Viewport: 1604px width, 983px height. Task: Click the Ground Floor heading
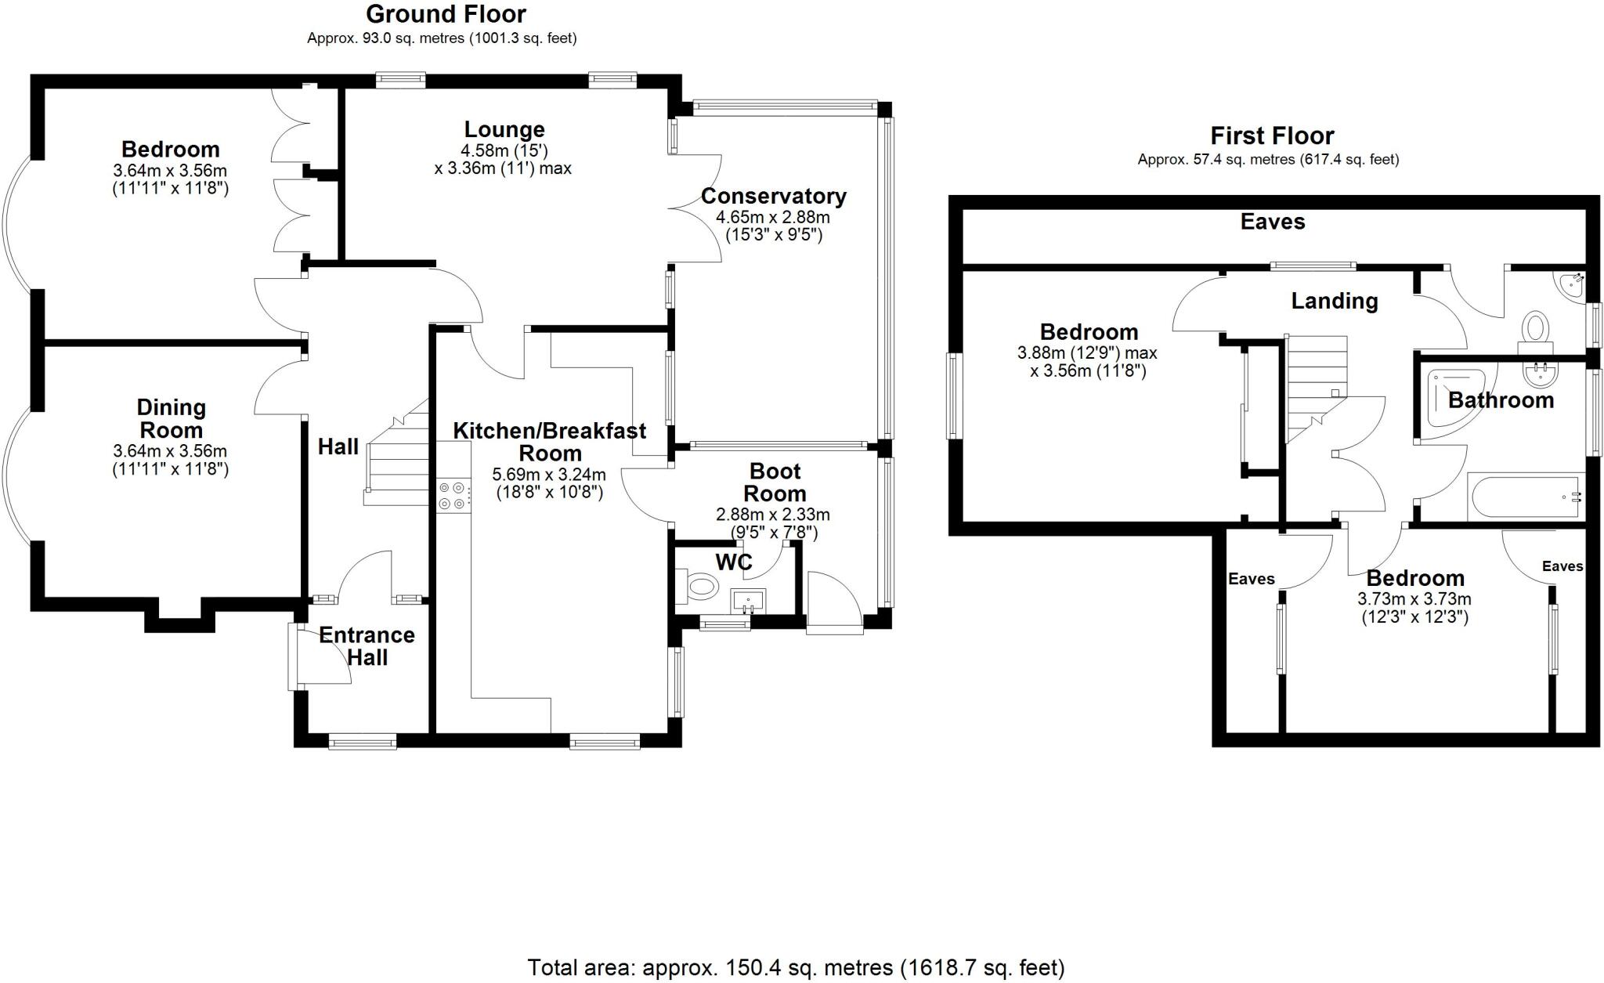pyautogui.click(x=446, y=14)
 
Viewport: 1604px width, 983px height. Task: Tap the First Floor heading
pyautogui.click(x=1272, y=136)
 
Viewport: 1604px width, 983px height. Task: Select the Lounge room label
pyautogui.click(x=504, y=130)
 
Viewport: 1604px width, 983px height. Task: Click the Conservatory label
pyautogui.click(x=773, y=196)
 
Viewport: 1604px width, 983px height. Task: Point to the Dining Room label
pyautogui.click(x=171, y=418)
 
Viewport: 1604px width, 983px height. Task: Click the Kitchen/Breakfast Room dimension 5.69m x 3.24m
pyautogui.click(x=549, y=475)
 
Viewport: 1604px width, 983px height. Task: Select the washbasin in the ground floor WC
pyautogui.click(x=748, y=602)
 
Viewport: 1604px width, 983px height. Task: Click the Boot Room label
pyautogui.click(x=775, y=482)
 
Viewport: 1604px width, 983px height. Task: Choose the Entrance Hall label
pyautogui.click(x=367, y=646)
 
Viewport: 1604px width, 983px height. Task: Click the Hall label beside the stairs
pyautogui.click(x=338, y=447)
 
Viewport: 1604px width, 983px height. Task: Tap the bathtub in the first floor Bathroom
pyautogui.click(x=1525, y=496)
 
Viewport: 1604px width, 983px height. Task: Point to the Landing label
pyautogui.click(x=1334, y=301)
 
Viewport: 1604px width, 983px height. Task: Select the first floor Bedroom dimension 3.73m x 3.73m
pyautogui.click(x=1414, y=599)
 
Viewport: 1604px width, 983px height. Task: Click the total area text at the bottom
pyautogui.click(x=796, y=968)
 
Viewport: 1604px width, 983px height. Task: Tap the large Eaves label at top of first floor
pyautogui.click(x=1273, y=222)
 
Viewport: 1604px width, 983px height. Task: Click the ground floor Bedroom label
pyautogui.click(x=170, y=150)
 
